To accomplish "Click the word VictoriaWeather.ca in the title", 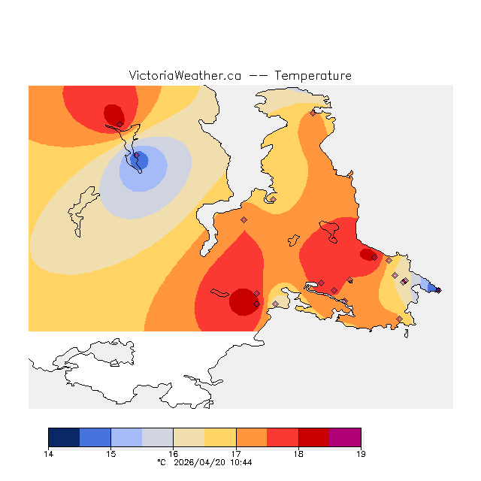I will (185, 76).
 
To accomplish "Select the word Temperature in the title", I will (313, 76).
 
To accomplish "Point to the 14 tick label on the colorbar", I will (48, 453).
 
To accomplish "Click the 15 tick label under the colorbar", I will (110, 453).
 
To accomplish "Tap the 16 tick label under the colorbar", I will (173, 453).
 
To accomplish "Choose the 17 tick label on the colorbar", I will (236, 453).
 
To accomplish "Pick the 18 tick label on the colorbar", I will (298, 453).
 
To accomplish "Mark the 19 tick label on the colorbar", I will (361, 453).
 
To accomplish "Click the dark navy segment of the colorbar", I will (64, 437).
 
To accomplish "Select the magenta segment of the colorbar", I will (345, 437).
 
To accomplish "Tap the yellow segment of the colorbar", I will (220, 437).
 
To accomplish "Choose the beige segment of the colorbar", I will (189, 437).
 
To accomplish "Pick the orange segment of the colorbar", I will (252, 437).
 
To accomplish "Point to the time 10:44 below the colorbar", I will (241, 462).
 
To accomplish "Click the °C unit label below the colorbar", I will (161, 462).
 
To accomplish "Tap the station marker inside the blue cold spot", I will (136, 156).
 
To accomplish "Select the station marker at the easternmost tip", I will (438, 289).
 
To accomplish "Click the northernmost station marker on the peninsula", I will (313, 113).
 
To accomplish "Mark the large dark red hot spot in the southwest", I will (243, 301).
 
